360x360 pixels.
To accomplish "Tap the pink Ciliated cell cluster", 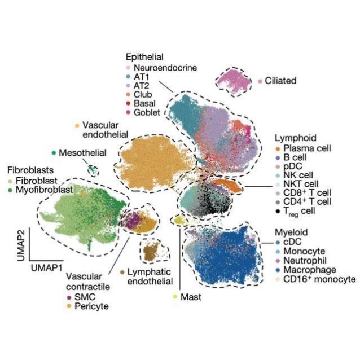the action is tap(236, 80).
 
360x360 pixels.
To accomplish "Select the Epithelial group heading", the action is tap(144, 57).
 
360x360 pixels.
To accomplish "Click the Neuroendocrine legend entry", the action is tap(165, 68).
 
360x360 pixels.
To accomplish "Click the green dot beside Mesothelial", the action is tap(54, 153).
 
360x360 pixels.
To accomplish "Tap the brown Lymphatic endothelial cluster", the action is tap(152, 250).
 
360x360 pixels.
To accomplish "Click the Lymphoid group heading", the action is tap(295, 138).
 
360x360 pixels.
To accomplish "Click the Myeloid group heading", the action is tap(292, 232).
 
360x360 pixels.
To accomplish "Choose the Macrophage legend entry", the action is tap(309, 270).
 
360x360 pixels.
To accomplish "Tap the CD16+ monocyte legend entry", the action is tap(319, 279).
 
